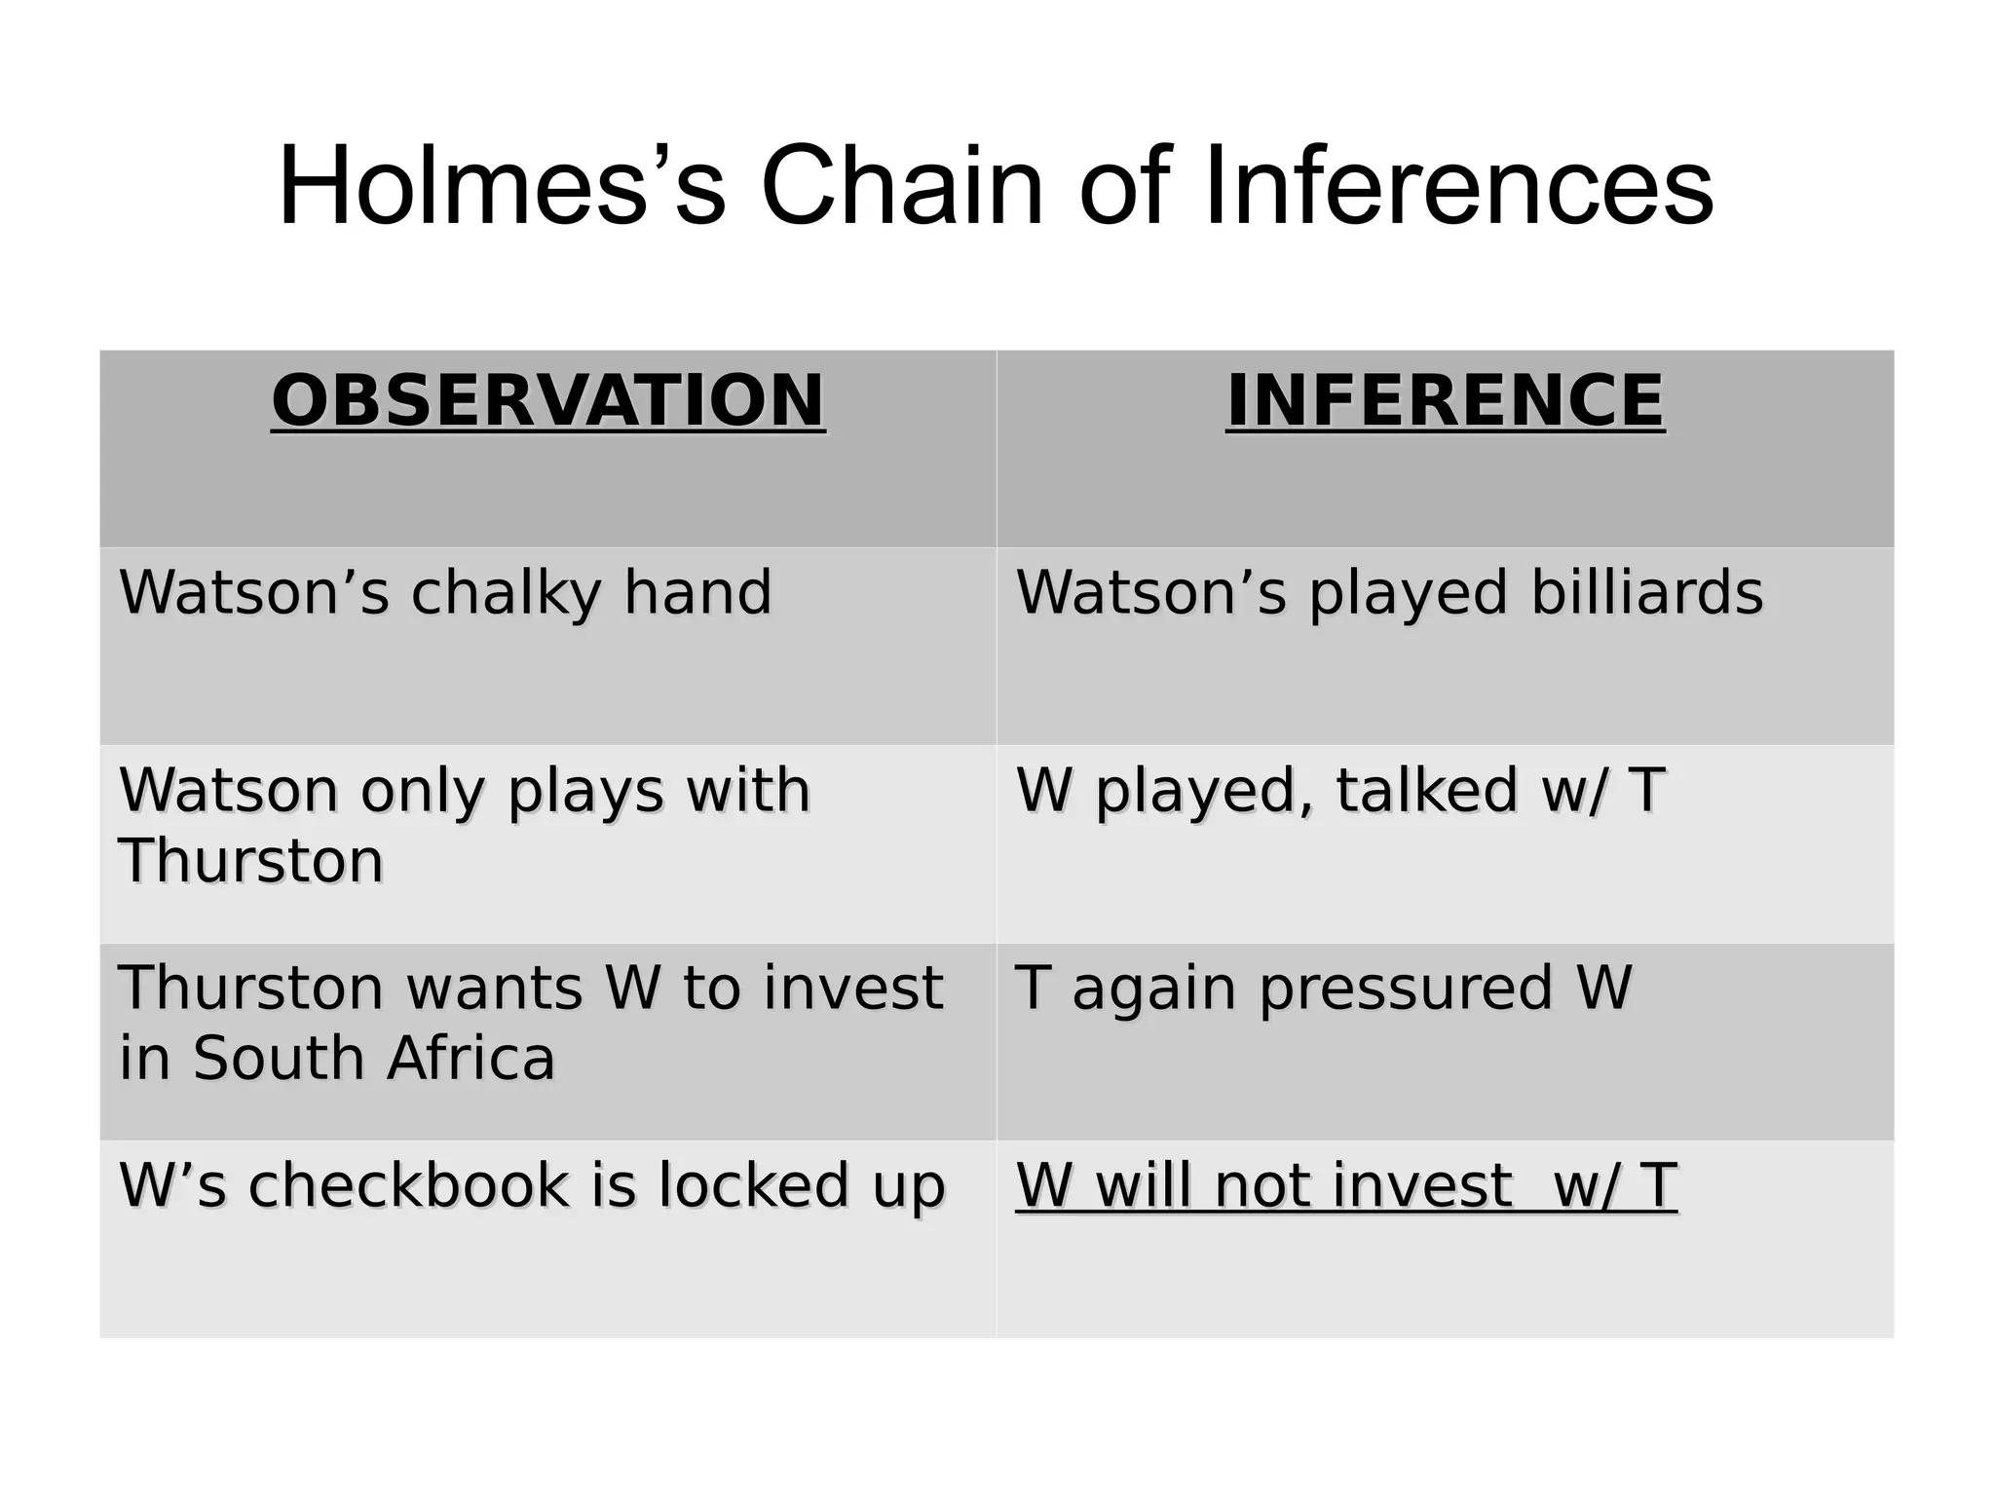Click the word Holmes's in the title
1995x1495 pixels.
502,185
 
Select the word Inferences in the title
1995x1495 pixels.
1458,185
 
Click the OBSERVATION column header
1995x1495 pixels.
547,400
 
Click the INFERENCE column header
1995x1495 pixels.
1445,400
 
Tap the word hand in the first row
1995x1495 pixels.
697,593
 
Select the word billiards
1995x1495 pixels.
1646,593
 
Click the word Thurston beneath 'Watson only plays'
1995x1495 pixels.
251,862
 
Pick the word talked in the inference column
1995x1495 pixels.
1426,790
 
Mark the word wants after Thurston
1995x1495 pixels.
494,988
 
